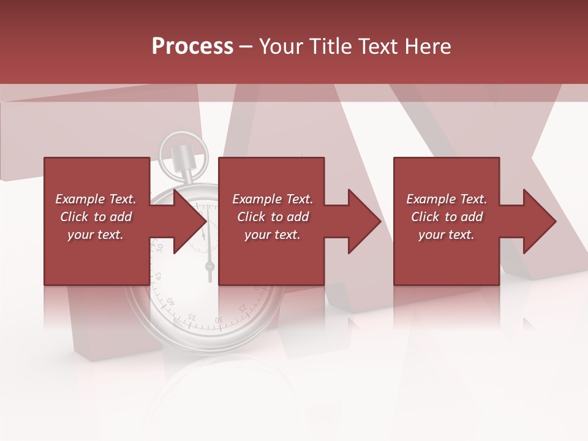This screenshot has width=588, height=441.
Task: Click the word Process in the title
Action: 192,46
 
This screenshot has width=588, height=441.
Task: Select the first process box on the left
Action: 97,257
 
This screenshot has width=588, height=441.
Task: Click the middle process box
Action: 271,257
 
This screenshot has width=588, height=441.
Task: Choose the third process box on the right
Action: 447,257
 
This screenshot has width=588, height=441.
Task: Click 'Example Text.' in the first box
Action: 96,199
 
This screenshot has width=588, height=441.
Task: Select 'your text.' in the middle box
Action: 272,235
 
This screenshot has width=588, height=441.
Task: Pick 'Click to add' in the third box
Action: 447,217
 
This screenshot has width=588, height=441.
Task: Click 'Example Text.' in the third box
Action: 447,199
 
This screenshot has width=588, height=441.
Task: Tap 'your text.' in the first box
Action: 96,235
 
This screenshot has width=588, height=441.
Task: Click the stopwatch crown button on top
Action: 181,157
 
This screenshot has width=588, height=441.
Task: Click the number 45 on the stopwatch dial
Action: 159,275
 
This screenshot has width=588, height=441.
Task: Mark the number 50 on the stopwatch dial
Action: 160,247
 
